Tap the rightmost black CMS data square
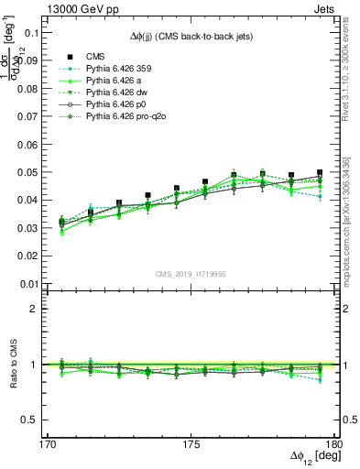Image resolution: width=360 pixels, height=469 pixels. pos(320,172)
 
